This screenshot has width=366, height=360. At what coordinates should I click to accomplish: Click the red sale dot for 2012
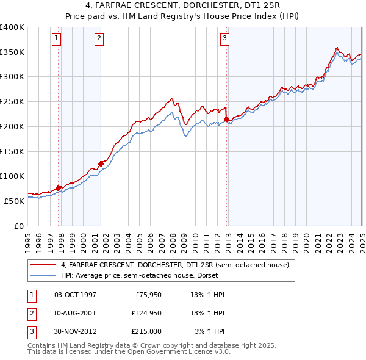pos(227,119)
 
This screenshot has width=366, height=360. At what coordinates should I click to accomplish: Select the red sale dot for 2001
pos(101,164)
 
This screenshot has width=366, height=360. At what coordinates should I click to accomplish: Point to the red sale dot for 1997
pos(59,188)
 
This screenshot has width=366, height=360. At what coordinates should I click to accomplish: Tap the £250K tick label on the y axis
pos(12,101)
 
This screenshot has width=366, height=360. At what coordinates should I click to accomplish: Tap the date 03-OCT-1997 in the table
pos(75,295)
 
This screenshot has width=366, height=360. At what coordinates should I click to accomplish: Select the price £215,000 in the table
pos(146,331)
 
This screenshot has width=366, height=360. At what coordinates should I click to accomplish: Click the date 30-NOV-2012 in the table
pos(75,331)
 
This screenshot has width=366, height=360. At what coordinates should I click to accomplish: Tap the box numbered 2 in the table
pos(30,313)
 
